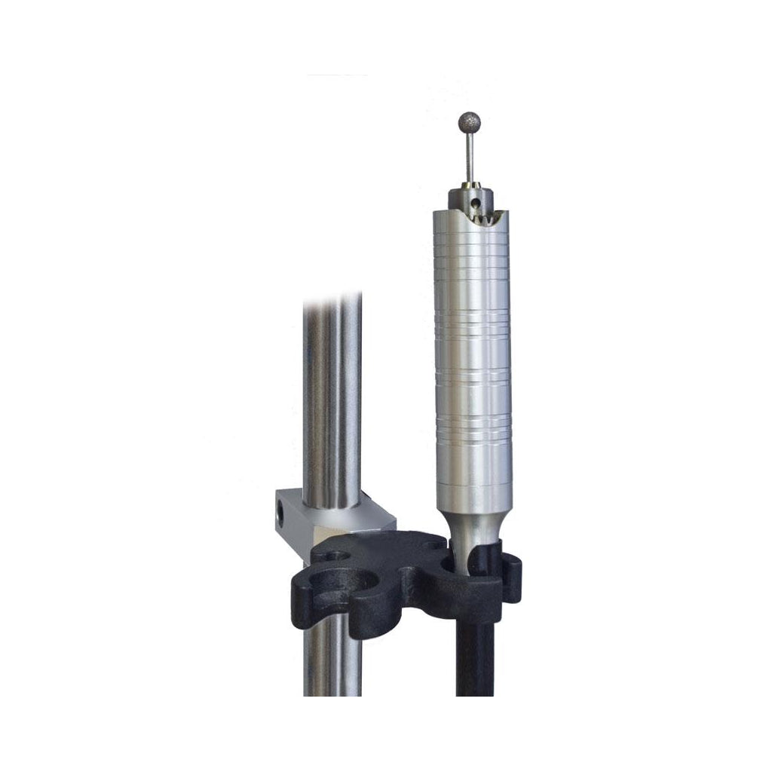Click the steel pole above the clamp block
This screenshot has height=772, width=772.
pyautogui.click(x=332, y=400)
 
